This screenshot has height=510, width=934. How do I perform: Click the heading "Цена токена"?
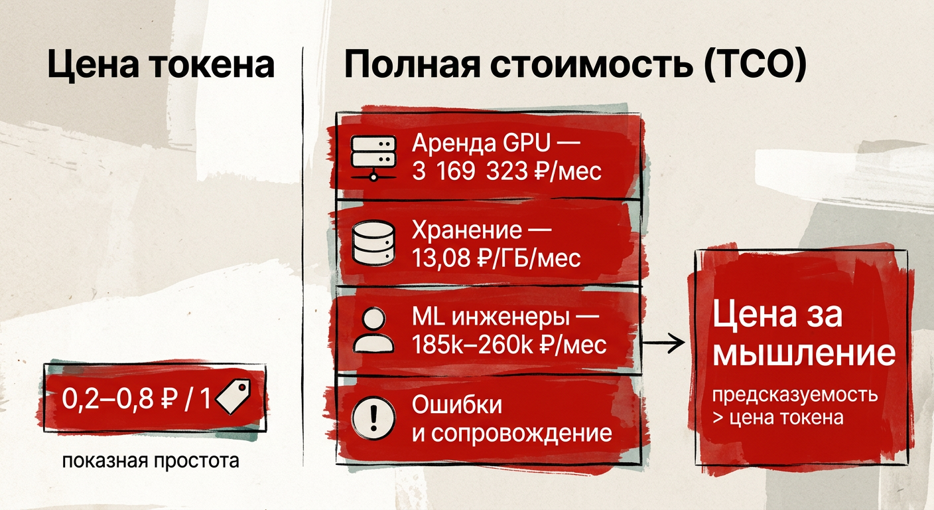tap(161, 65)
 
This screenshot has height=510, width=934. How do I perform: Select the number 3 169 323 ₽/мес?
tap(507, 171)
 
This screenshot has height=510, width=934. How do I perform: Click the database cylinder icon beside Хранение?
tap(373, 243)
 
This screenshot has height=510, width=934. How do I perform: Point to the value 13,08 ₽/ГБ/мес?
tap(496, 258)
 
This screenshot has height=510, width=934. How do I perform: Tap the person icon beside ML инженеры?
tap(373, 330)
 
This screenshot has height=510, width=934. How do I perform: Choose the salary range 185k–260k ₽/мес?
tap(509, 345)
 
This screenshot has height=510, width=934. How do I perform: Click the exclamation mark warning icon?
tap(373, 418)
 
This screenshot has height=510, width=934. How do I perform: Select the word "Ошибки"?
tap(457, 405)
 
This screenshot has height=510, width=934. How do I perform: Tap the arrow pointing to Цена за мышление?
tap(663, 343)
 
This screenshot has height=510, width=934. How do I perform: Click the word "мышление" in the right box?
tap(804, 353)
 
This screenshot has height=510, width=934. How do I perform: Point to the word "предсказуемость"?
tap(795, 395)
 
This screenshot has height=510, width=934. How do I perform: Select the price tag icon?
tap(233, 396)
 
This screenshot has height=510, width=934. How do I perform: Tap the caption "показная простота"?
tap(151, 461)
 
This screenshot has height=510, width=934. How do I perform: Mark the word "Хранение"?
tap(466, 230)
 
